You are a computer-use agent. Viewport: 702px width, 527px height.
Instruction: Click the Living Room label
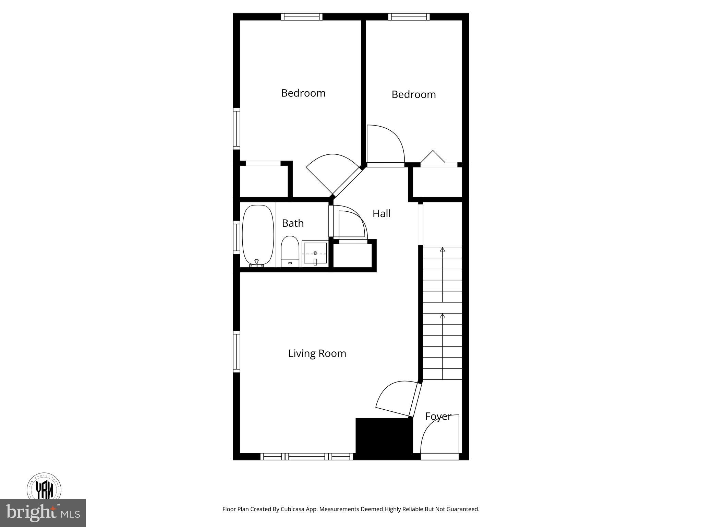click(317, 353)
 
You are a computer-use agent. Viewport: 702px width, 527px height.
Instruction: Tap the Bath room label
click(293, 223)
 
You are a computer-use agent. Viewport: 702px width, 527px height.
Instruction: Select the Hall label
click(382, 214)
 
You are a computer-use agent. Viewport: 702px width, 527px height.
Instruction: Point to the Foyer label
click(438, 417)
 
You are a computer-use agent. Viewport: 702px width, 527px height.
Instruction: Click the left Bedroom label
click(303, 93)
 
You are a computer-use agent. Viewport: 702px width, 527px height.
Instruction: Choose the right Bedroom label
click(414, 94)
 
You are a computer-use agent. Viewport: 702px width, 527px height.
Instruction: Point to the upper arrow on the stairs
click(443, 250)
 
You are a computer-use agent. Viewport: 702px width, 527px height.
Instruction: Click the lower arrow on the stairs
click(443, 316)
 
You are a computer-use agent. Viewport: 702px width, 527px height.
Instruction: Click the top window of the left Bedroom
click(302, 17)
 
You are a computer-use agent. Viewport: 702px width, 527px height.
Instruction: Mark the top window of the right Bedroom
click(409, 17)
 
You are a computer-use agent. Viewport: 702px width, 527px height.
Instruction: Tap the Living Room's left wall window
click(237, 351)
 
